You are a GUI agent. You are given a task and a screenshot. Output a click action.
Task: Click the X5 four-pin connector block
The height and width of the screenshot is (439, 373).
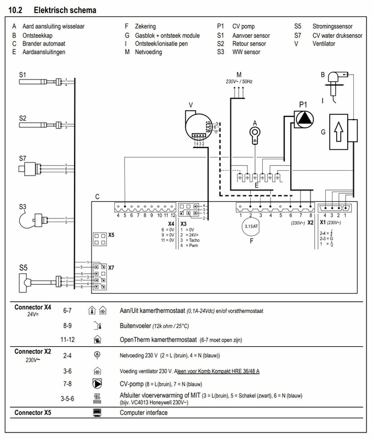pyautogui.click(x=100, y=239)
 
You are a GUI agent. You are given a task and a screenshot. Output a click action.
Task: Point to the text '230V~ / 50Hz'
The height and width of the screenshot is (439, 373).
pyautogui.click(x=239, y=82)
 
